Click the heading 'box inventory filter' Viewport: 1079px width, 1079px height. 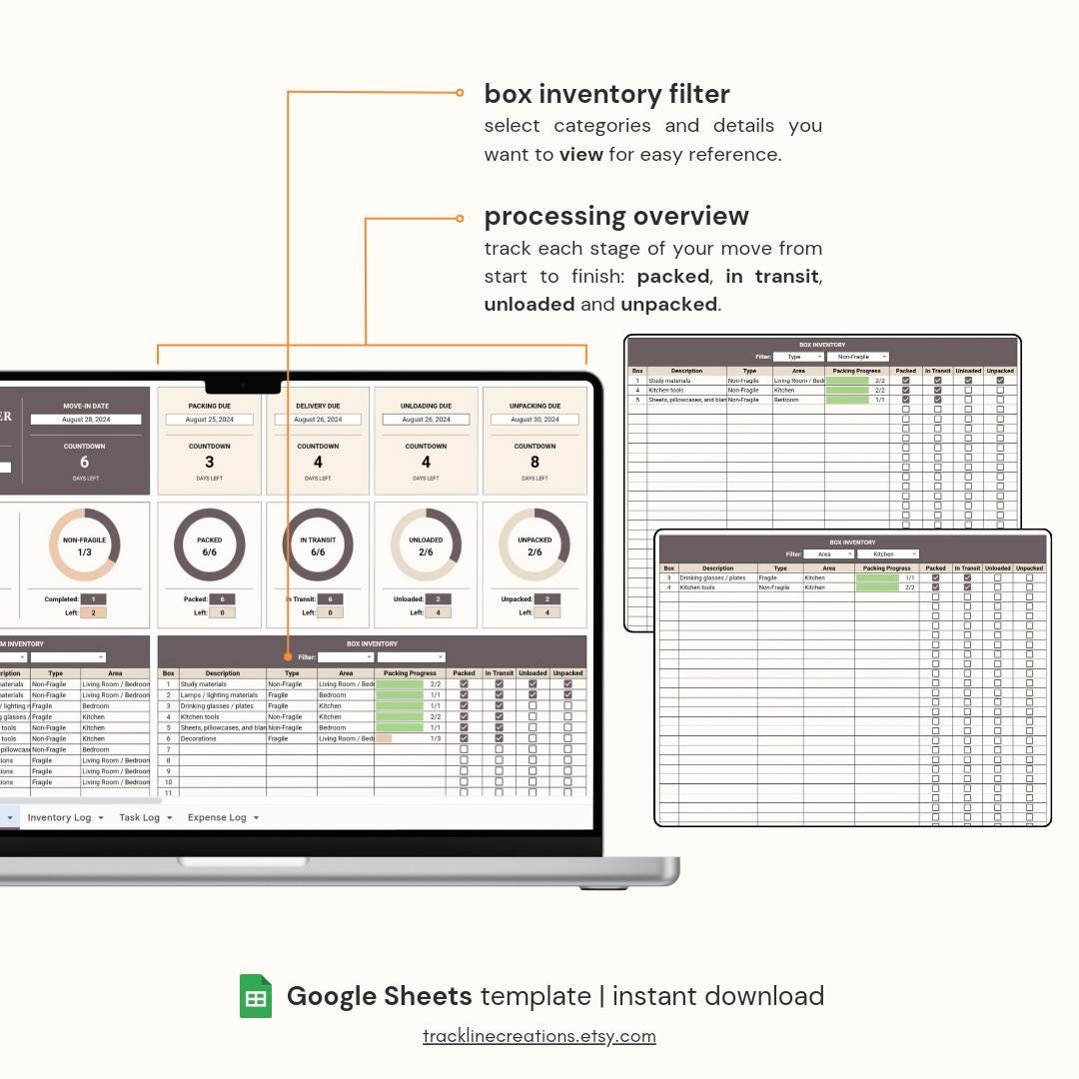point(606,94)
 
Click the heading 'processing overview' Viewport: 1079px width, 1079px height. point(615,216)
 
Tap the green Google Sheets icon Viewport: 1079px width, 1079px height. point(256,996)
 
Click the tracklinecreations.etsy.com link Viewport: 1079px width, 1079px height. point(539,1036)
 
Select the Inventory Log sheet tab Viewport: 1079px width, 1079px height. point(59,817)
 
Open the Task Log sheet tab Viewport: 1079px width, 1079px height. point(139,817)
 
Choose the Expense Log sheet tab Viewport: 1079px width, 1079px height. point(217,817)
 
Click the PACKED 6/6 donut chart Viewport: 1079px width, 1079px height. point(210,545)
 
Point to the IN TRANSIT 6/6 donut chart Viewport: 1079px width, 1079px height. point(318,545)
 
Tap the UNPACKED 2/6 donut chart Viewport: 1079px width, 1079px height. point(535,545)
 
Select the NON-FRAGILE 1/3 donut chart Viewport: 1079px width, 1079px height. point(84,545)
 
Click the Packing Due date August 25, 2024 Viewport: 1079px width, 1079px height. point(210,420)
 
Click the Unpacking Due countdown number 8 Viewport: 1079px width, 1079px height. point(535,463)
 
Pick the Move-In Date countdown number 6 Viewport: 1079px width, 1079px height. point(84,463)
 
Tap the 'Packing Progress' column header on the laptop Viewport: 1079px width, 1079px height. point(410,673)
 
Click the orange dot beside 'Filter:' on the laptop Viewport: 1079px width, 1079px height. point(288,657)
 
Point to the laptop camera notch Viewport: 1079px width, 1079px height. point(243,385)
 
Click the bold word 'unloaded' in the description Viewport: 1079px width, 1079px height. point(529,305)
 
